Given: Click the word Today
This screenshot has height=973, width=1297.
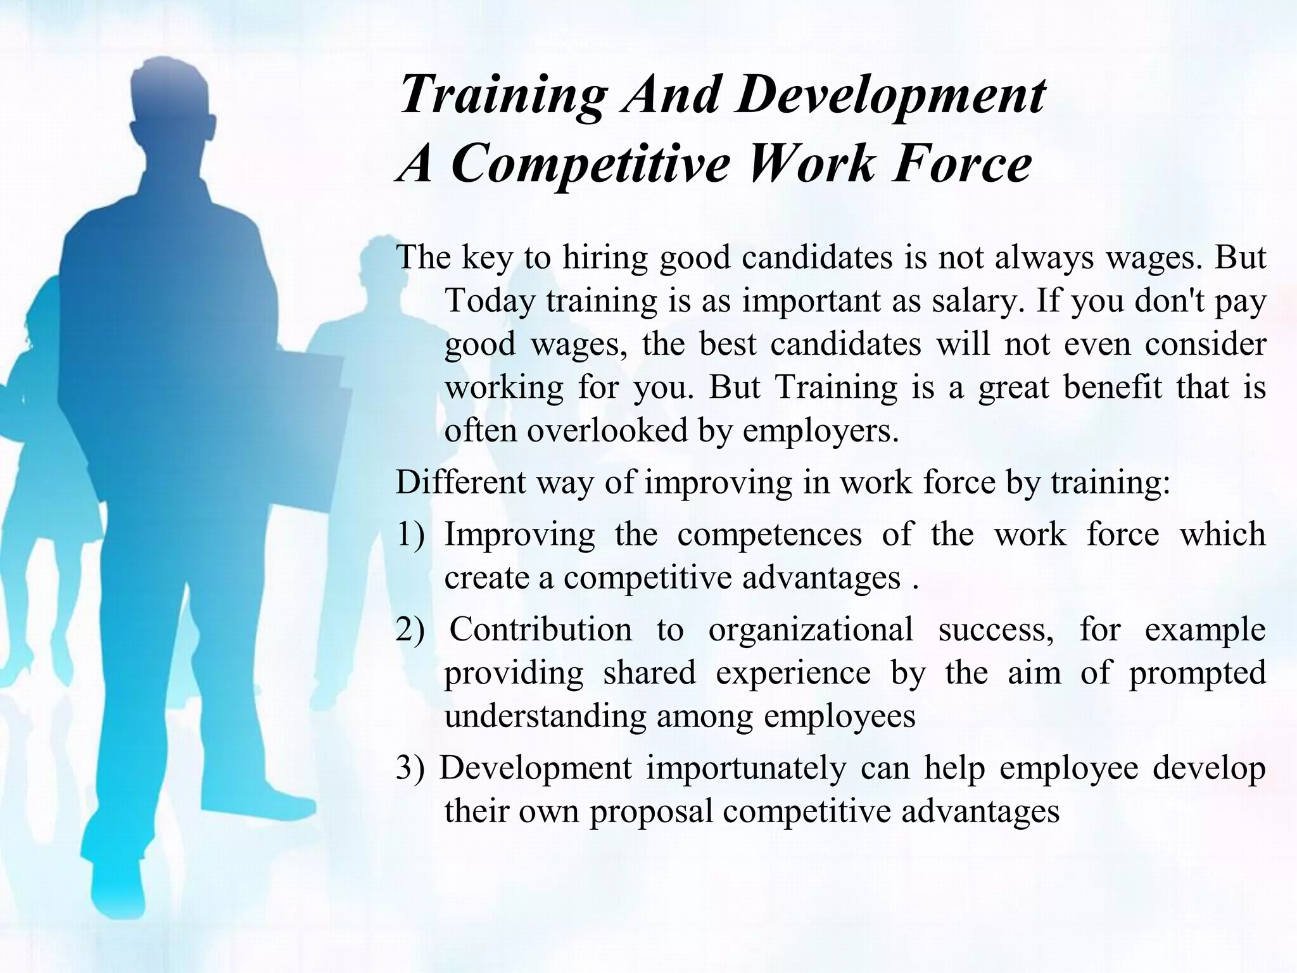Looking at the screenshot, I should [x=490, y=301].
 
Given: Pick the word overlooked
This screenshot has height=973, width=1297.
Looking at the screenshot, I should [x=607, y=431].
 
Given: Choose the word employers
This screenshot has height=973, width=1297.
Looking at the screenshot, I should [x=821, y=431].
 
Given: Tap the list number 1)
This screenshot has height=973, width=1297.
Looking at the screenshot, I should [x=410, y=535].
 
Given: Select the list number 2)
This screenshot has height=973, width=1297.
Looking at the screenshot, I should [x=410, y=630].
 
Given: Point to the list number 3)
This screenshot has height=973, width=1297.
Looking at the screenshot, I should [x=410, y=768].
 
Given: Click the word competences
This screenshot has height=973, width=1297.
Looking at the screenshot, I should [x=769, y=535].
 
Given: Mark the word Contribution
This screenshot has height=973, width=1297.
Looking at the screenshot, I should [x=541, y=630].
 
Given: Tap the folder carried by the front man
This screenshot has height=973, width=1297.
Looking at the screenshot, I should [x=298, y=443].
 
